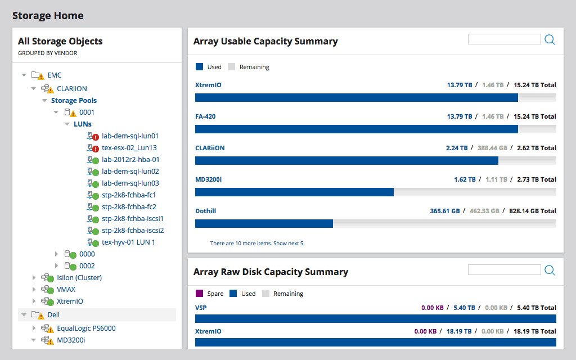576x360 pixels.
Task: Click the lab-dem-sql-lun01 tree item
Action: [x=130, y=136]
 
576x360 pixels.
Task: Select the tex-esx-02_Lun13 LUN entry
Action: [x=129, y=147]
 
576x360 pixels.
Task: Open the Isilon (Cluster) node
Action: [x=79, y=277]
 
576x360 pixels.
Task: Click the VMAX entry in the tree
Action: [x=66, y=289]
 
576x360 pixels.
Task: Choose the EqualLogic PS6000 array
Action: [x=86, y=328]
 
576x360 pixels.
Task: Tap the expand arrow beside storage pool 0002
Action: [x=56, y=265]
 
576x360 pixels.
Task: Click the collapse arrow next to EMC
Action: [x=24, y=75]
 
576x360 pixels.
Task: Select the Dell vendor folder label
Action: [x=53, y=315]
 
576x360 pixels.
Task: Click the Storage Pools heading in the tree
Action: [x=74, y=100]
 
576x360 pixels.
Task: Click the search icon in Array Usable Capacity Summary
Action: [x=550, y=39]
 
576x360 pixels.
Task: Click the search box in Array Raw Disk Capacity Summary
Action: [x=504, y=270]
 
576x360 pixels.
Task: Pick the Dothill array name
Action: [x=205, y=211]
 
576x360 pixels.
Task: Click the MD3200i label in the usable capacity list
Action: [x=209, y=179]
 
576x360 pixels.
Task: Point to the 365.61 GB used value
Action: [x=444, y=211]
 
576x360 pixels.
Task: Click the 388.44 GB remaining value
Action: [x=488, y=148]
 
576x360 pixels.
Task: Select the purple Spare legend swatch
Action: [x=199, y=294]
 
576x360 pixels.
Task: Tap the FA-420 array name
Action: [x=205, y=116]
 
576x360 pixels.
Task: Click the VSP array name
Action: [x=201, y=308]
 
